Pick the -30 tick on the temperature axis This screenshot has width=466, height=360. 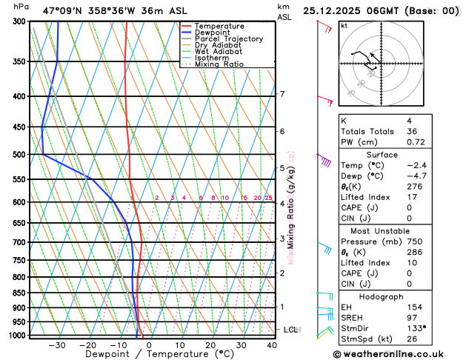56,345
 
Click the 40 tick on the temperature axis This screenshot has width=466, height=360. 271,345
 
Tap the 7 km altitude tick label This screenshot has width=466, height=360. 282,94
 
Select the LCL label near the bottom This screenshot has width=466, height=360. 290,329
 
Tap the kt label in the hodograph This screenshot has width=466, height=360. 344,25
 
